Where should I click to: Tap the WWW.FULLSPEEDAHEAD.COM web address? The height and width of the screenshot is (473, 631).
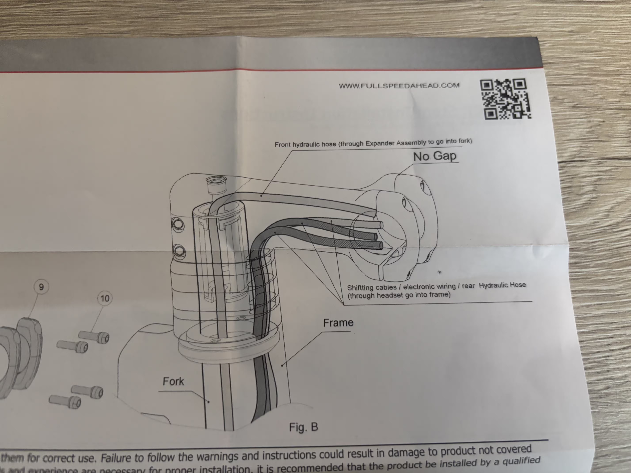399,86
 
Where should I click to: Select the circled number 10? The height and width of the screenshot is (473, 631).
105,298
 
